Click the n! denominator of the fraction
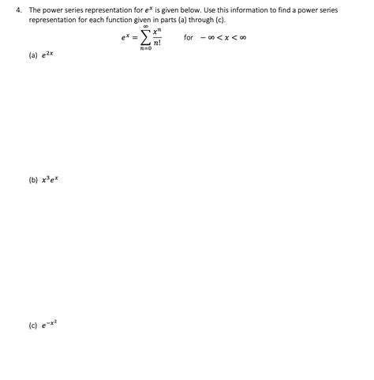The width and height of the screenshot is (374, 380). [x=157, y=43]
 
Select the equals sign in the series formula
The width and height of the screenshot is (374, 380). [x=134, y=37]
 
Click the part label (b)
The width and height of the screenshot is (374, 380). [x=32, y=179]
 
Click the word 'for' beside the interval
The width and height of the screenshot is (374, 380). [x=188, y=37]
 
